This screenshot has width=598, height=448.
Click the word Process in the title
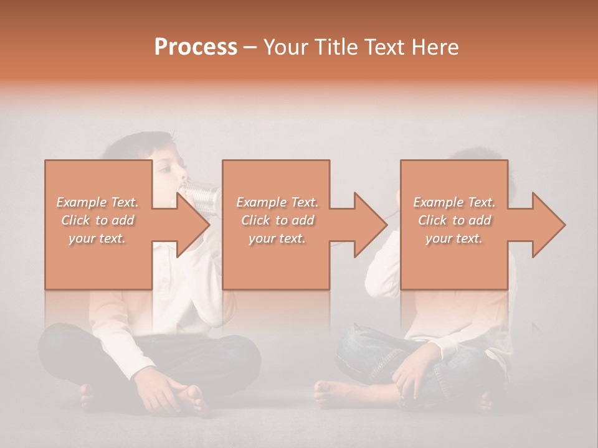coord(196,47)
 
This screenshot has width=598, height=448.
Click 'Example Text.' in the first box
coord(98,202)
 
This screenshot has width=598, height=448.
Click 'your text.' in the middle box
coord(277,238)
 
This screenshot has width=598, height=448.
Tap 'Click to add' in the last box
coord(455,220)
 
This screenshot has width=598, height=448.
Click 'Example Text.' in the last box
coord(455,202)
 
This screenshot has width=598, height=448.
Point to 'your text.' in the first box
coord(98,238)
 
